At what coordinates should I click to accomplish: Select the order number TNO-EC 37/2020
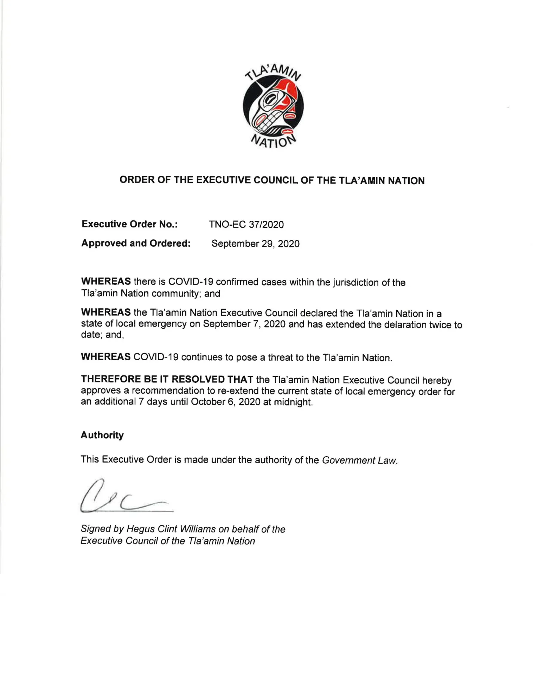[x=246, y=224]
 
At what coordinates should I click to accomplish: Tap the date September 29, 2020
[x=255, y=244]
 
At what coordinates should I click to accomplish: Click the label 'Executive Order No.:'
[x=129, y=224]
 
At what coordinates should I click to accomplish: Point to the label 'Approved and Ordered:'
[x=136, y=243]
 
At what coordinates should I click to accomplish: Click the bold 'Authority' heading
[x=102, y=435]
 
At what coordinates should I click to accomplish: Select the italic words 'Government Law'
[x=359, y=460]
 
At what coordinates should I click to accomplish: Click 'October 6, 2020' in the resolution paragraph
[x=225, y=402]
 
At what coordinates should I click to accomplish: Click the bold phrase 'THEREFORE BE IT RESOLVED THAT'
[x=167, y=379]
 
